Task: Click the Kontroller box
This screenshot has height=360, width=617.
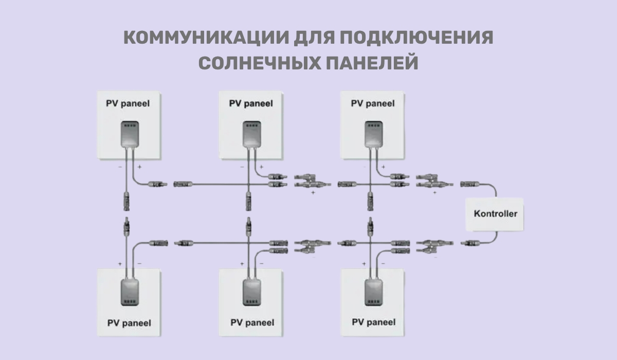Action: (x=495, y=213)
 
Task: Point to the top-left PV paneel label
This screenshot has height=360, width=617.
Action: (x=129, y=103)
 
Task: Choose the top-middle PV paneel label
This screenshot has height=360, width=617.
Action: (x=251, y=103)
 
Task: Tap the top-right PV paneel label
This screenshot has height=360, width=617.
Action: (x=373, y=103)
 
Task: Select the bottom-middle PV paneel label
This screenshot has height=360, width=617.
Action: (x=252, y=323)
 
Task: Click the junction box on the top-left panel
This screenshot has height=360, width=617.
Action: (x=129, y=134)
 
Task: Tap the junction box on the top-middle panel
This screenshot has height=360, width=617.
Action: (x=251, y=134)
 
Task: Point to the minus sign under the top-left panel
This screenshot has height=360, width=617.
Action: (x=119, y=167)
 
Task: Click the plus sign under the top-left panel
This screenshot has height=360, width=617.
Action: (x=139, y=167)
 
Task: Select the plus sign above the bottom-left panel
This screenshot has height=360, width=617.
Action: (x=120, y=263)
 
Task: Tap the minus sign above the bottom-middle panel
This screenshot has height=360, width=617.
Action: (x=261, y=263)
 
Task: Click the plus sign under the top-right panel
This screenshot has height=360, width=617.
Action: (x=383, y=167)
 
